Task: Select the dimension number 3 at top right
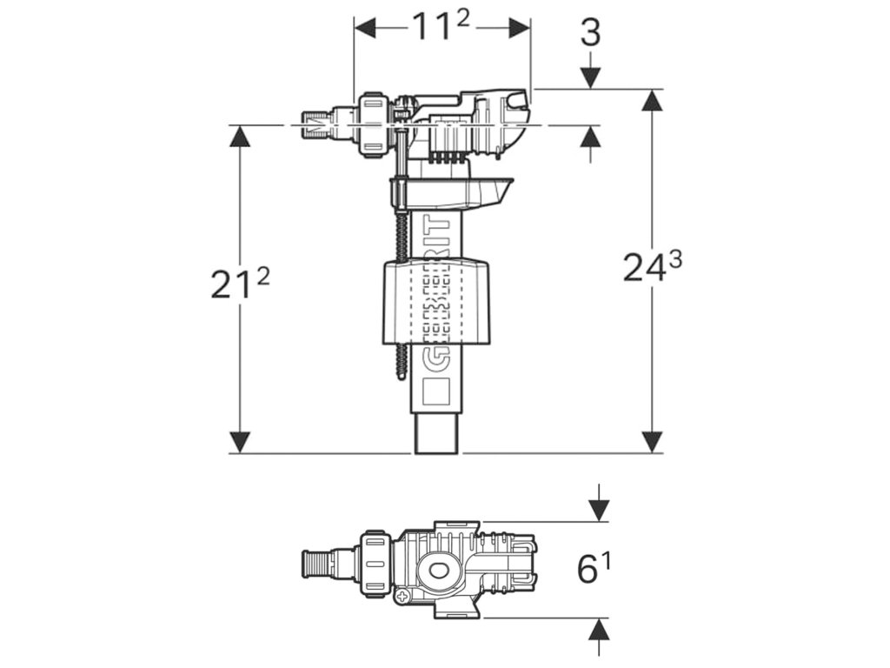pos(590,33)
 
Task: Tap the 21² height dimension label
pos(240,283)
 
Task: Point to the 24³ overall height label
pos(652,267)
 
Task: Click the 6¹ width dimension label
pos(594,570)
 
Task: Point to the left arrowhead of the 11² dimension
pos(363,28)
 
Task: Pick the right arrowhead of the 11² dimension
pos(521,28)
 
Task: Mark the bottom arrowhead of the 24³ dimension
pos(652,442)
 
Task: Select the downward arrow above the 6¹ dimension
pos(599,510)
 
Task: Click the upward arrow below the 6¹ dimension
pos(599,630)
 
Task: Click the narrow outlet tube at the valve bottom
pos(437,434)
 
